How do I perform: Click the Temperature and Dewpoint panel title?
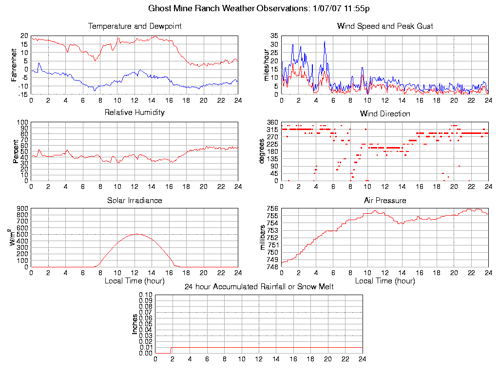tap(134, 26)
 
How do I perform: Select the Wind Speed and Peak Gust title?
tap(385, 26)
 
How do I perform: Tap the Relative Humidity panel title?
tap(134, 112)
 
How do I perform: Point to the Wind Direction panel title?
tap(385, 113)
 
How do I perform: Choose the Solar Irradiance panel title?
tap(134, 200)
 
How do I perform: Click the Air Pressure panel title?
tap(385, 200)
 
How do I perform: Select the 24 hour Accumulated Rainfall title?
tap(259, 286)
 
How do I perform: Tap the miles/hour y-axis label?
tap(266, 65)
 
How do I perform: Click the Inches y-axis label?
tap(135, 324)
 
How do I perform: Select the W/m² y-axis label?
tap(15, 238)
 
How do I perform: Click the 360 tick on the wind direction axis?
tap(272, 122)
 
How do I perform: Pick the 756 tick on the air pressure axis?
tap(272, 209)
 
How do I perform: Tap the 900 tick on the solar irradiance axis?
tap(22, 209)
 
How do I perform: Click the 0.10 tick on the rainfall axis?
tap(146, 295)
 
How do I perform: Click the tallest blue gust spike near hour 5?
tap(325, 41)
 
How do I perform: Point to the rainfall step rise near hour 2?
tap(171, 350)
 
